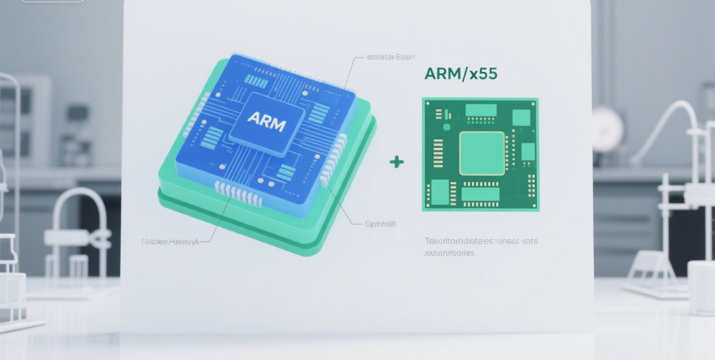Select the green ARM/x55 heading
point(460,74)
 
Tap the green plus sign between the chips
point(397,162)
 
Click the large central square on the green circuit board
point(482,153)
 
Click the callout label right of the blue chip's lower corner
point(380,224)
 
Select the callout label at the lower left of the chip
point(170,242)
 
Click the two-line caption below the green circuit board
point(481,247)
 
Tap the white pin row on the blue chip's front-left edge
point(238,193)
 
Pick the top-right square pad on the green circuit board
point(521,117)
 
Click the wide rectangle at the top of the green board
point(481,110)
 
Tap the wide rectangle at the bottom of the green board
point(480,194)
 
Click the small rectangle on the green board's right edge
point(528,152)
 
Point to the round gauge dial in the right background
point(607,129)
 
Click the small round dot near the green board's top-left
point(446,127)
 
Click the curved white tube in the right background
point(666,126)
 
